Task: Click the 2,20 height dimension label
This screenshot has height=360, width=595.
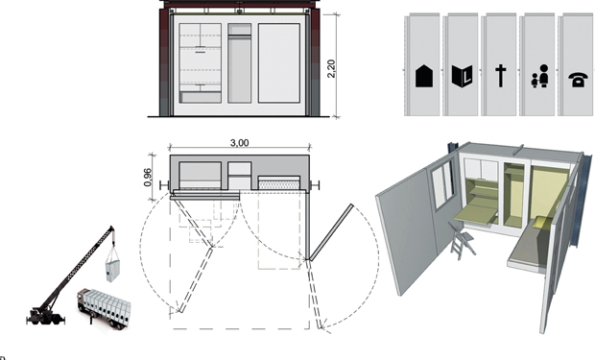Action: [x=331, y=68]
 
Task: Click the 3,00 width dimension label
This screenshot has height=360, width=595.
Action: [x=240, y=143]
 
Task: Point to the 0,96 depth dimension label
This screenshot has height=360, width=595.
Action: [x=148, y=178]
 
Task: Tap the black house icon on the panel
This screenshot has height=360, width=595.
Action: [x=424, y=76]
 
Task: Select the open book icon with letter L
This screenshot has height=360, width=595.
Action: [x=463, y=77]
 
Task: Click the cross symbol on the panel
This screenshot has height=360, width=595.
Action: [x=501, y=76]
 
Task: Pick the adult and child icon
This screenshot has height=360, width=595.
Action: [x=540, y=76]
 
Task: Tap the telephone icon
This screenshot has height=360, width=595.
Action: [x=578, y=80]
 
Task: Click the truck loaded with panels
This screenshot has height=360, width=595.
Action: [x=104, y=307]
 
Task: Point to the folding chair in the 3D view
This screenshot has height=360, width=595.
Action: [x=462, y=241]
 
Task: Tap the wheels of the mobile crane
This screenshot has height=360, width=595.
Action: [x=45, y=318]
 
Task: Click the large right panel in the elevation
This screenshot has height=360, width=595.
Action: [x=279, y=63]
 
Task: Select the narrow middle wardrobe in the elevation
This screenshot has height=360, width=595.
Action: [x=240, y=63]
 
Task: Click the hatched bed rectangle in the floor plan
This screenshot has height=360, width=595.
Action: [x=279, y=183]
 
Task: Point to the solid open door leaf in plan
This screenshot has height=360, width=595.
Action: [x=331, y=232]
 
